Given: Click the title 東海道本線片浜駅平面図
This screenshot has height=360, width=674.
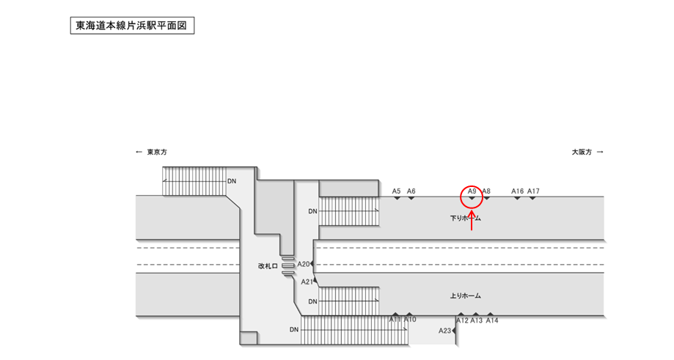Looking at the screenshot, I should pos(132,26).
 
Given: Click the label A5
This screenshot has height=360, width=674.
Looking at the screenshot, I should pos(397,191).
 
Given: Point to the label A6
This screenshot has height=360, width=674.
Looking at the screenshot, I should pos(411,191).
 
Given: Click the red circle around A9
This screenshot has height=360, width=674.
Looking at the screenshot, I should pos(472,196).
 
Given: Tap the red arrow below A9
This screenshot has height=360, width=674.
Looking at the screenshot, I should pos(472,219).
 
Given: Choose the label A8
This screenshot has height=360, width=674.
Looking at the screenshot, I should pos(486,191).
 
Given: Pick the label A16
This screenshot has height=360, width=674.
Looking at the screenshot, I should pos(517,191).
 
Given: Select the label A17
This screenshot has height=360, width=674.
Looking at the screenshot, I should pos(533,191).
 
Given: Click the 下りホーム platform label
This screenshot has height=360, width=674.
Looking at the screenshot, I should pos(465,218).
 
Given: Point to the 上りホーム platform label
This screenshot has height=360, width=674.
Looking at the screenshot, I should pos(465,296).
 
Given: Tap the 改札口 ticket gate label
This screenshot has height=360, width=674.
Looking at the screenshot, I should pos(268,267).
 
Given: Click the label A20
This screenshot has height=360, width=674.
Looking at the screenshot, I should pos(304,264).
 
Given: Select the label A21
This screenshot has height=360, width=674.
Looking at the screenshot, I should pos(307,282).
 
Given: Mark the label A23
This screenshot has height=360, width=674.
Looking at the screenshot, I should pos(445,331).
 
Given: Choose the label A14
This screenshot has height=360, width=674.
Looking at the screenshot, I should pos(491,320).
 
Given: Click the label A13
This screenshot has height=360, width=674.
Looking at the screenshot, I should pos(477,320).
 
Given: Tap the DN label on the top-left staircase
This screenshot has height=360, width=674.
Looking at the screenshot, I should pos(232,180).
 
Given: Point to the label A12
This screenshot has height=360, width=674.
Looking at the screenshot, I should pos(462,320).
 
